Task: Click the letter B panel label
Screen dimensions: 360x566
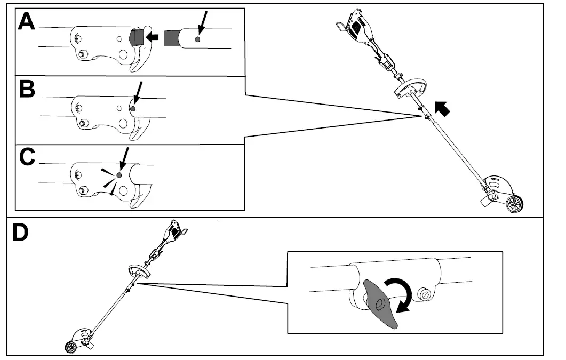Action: (27, 90)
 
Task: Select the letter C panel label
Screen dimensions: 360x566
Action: (27, 158)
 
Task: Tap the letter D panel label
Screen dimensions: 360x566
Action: (22, 233)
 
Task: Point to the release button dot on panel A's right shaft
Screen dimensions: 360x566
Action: (198, 39)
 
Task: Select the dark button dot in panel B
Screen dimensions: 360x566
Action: (133, 108)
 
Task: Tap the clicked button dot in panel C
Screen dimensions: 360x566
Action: (119, 175)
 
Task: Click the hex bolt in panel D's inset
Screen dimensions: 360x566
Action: (425, 293)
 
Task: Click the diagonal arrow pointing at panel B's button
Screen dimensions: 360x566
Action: (139, 93)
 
